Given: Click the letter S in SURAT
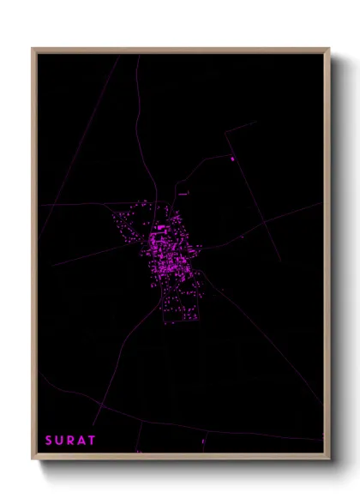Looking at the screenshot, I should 49,441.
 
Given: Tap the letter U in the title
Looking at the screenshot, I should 59,441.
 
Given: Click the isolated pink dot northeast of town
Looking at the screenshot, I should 232,159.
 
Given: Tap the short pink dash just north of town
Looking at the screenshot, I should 183,194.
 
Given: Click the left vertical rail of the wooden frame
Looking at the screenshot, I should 34,257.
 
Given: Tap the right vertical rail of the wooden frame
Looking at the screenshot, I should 327,257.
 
